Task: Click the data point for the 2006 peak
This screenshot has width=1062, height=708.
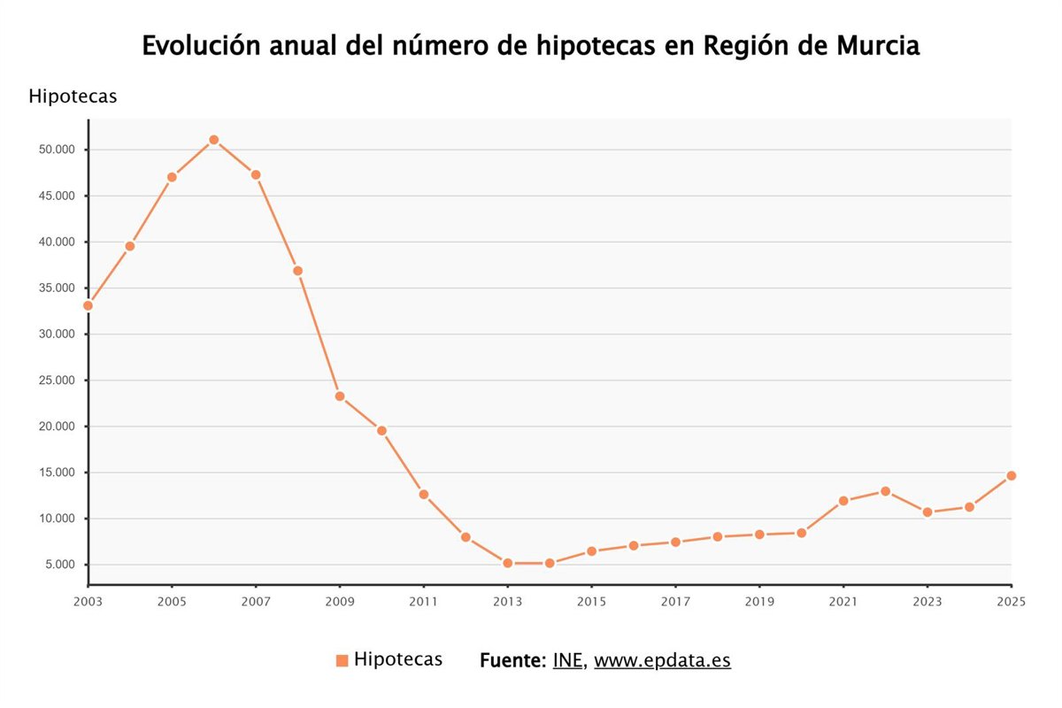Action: (213, 140)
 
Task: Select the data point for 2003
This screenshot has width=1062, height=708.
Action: (88, 305)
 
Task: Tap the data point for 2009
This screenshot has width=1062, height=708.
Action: (340, 396)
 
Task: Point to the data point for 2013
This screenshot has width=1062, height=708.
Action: (507, 563)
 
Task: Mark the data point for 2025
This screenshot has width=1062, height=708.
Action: (1011, 476)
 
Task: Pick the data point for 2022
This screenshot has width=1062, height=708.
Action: (885, 491)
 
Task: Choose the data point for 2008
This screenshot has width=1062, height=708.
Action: (297, 271)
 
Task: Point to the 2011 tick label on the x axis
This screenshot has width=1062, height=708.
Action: (423, 601)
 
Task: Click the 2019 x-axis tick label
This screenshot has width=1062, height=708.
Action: (758, 601)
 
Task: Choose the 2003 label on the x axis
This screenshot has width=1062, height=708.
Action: (88, 601)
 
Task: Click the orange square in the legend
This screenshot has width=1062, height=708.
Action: (342, 661)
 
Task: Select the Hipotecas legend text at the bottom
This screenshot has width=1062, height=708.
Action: (397, 659)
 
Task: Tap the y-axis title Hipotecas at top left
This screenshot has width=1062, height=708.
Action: (73, 96)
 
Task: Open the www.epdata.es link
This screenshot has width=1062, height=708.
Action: (662, 660)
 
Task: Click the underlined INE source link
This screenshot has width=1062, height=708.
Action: (567, 660)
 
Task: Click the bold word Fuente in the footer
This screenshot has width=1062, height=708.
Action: (512, 660)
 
